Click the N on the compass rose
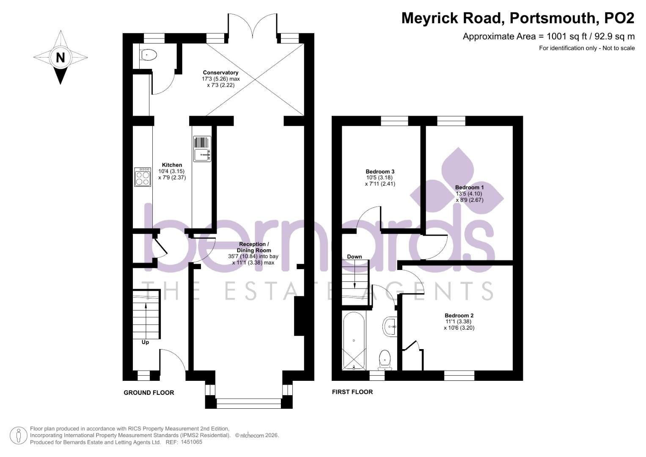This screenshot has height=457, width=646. point(60,58)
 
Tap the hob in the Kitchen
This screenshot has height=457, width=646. point(143,177)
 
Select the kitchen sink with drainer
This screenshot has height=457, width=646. point(202,149)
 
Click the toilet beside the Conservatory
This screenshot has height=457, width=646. point(148,55)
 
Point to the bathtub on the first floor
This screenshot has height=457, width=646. point(354,341)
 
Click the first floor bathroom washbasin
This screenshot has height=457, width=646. point(390,326)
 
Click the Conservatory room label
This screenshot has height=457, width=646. point(220,73)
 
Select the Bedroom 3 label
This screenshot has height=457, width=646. point(380,171)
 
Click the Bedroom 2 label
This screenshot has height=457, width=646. point(459,315)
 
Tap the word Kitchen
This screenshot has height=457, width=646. point(172,165)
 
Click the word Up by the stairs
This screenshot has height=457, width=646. point(145,342)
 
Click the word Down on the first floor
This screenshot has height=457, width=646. point(355,256)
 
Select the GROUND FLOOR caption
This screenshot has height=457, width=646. point(149,393)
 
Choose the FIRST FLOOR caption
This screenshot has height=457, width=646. point(352,392)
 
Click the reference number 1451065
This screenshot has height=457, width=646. point(192,442)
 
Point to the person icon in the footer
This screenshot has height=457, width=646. point(19,435)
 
